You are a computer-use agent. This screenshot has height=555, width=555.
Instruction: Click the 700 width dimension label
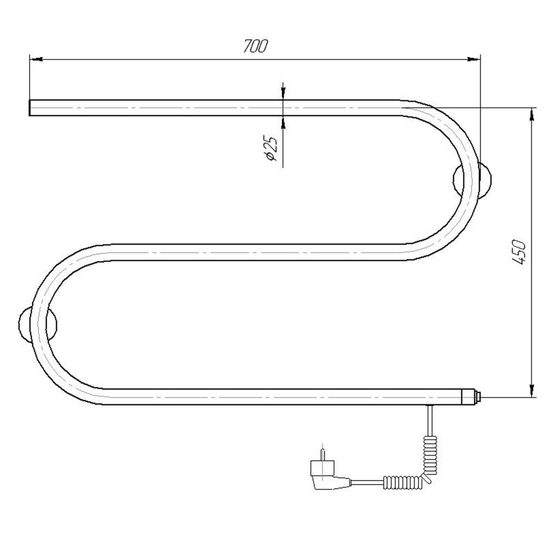click(x=255, y=46)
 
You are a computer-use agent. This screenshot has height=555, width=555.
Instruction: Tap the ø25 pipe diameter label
click(x=271, y=149)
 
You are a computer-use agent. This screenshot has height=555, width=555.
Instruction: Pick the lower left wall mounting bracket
click(x=38, y=324)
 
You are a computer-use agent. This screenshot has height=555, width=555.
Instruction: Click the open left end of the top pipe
click(x=29, y=108)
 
